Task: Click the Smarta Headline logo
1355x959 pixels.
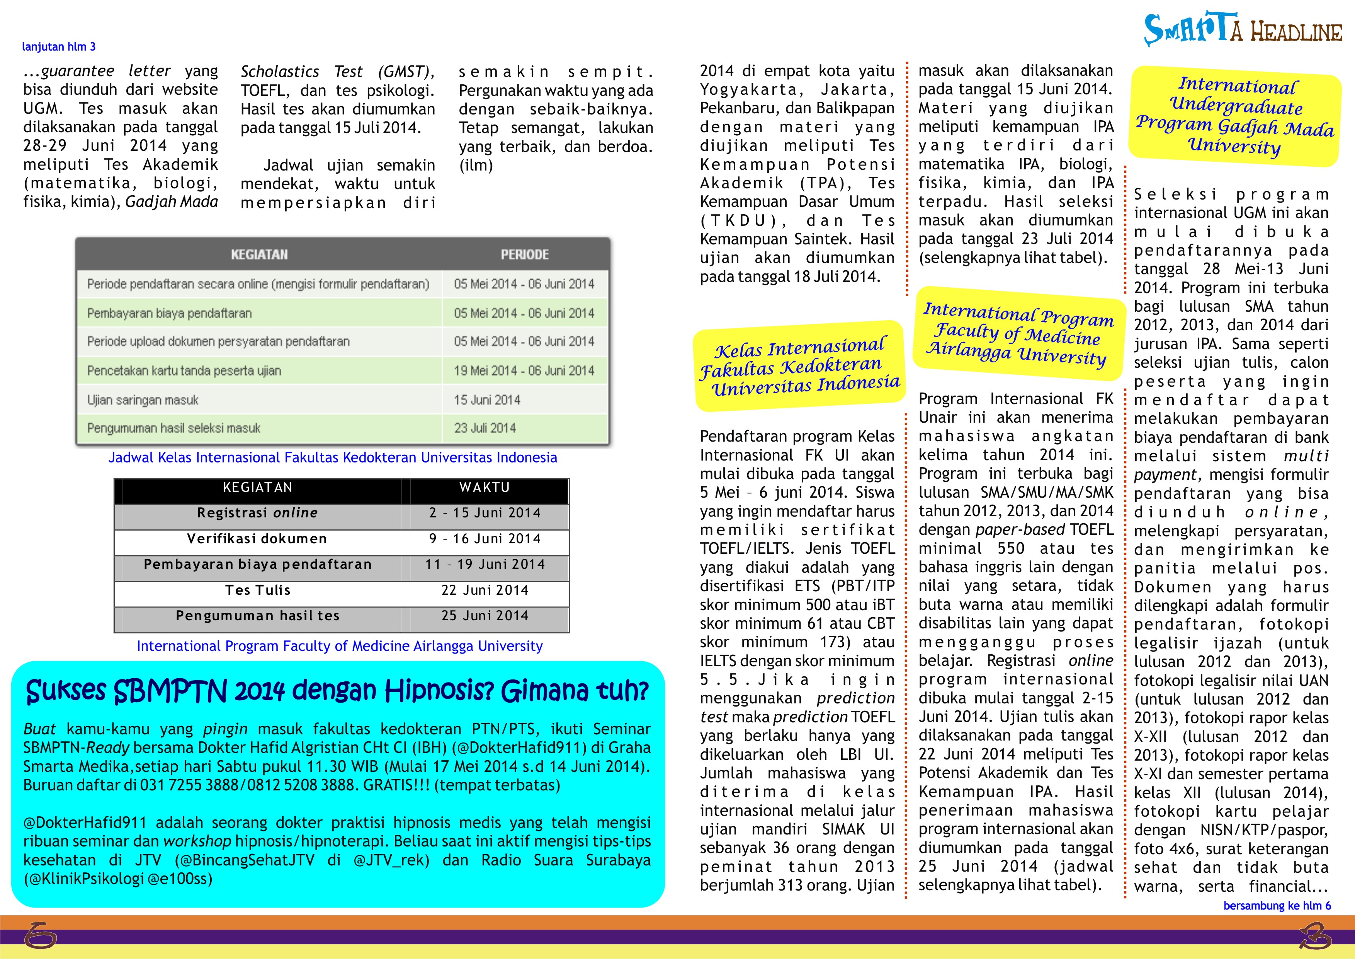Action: tap(1242, 29)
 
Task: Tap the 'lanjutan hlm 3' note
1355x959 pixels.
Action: tap(58, 47)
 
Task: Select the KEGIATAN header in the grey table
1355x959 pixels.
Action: tap(259, 254)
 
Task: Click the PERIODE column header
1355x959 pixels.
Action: tap(525, 254)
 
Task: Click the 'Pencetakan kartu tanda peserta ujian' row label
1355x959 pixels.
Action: tap(184, 371)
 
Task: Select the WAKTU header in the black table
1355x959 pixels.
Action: tap(485, 487)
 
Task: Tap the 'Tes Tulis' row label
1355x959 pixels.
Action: tap(258, 590)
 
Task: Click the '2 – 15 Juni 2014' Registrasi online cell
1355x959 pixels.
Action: tap(485, 513)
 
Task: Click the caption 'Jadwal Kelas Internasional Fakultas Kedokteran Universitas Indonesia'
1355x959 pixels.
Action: tap(332, 457)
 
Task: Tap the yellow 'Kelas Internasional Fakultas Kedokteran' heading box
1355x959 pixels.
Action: tap(800, 366)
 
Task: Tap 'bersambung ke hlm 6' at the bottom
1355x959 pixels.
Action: tap(1277, 905)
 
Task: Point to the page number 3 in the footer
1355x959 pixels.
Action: tap(1315, 936)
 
